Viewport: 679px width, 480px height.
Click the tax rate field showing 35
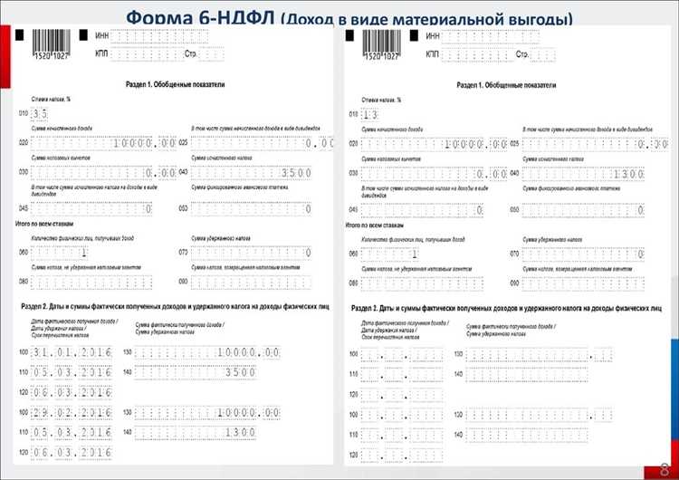39,114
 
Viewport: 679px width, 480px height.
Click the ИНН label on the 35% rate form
102,35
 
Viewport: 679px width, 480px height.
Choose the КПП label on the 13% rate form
432,54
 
